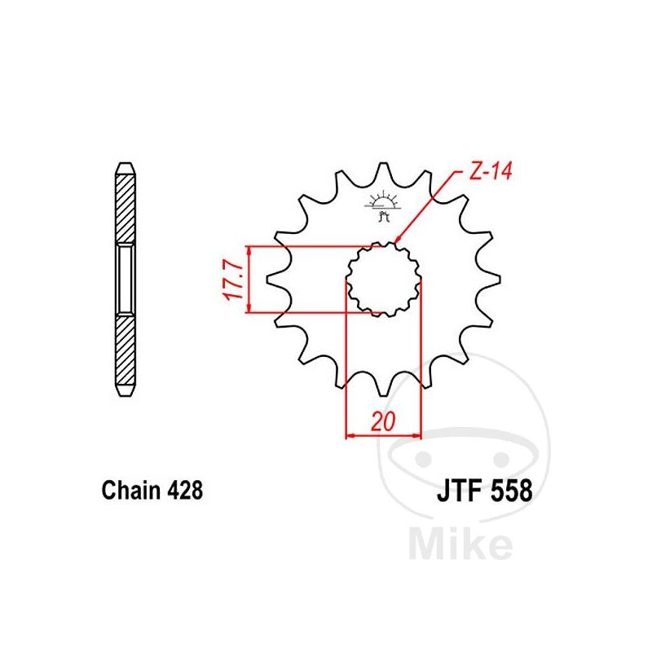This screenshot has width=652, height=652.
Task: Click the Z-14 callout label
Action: click(x=491, y=171)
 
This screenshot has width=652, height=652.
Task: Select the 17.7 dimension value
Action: click(x=233, y=280)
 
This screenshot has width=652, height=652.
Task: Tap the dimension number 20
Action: click(x=383, y=422)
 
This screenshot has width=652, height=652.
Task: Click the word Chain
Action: click(x=131, y=491)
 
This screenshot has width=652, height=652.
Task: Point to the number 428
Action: click(x=185, y=491)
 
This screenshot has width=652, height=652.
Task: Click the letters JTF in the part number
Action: click(x=459, y=491)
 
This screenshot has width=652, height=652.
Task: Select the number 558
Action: click(x=512, y=491)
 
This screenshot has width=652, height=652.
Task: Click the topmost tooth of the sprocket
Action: click(x=382, y=170)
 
